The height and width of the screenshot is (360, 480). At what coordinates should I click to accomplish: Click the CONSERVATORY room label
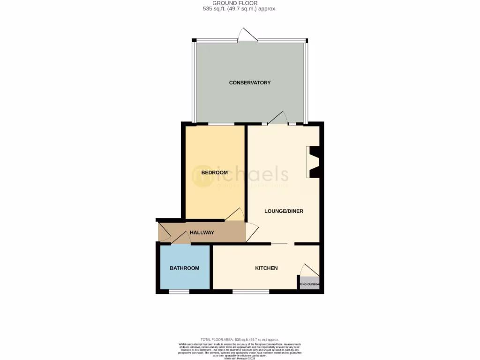pos(249,83)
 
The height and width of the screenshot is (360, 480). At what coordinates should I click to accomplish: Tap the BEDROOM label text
pos(214,172)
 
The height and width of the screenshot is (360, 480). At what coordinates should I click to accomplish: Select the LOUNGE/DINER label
pos(284,211)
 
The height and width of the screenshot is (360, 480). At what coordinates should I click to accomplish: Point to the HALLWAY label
pos(202,232)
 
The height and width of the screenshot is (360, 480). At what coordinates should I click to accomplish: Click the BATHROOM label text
pos(184,268)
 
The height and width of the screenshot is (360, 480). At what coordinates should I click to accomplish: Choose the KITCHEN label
pos(266,268)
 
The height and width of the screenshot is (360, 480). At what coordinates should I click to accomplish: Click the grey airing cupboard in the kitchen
pos(309,284)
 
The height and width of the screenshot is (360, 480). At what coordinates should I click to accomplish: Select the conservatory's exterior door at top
pos(247,35)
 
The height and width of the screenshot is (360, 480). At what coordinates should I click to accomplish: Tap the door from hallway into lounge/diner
pos(252,232)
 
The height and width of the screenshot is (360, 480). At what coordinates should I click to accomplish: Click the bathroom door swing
pos(180,238)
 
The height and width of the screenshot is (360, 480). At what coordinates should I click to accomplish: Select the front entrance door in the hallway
pos(164,233)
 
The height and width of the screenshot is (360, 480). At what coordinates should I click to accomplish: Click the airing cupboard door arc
pos(310,270)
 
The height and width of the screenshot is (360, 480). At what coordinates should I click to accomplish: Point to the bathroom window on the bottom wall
pos(179,292)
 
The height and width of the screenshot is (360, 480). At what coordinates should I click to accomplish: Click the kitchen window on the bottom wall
pos(251,292)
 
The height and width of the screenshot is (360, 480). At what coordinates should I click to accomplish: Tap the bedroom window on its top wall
pos(221,124)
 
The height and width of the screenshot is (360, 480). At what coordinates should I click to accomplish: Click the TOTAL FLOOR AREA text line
pos(240,339)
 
